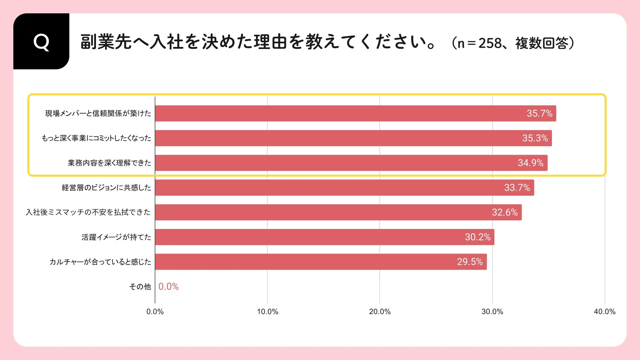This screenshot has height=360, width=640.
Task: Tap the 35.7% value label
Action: [x=539, y=113]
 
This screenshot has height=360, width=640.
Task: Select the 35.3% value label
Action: [x=535, y=138]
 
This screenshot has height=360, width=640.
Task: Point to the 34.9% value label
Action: [x=530, y=163]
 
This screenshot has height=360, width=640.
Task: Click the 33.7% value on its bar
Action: [x=517, y=188]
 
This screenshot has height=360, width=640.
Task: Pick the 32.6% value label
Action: [x=504, y=212]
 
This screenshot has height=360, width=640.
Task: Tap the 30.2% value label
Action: [x=477, y=237]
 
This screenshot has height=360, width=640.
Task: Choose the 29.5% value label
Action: [x=470, y=262]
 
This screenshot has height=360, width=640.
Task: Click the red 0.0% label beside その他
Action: [x=168, y=287]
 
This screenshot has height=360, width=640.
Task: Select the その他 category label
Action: [x=140, y=287]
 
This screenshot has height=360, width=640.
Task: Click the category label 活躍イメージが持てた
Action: [x=116, y=237]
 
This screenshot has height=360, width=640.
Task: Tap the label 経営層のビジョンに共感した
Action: [x=106, y=188]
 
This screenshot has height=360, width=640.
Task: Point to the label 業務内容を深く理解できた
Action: [x=109, y=163]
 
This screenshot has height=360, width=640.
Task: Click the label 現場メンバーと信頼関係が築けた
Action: [x=98, y=113]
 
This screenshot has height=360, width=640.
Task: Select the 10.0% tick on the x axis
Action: [x=267, y=312]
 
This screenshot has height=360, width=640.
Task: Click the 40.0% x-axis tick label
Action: [x=604, y=312]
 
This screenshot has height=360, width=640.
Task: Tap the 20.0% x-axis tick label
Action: [x=380, y=312]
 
